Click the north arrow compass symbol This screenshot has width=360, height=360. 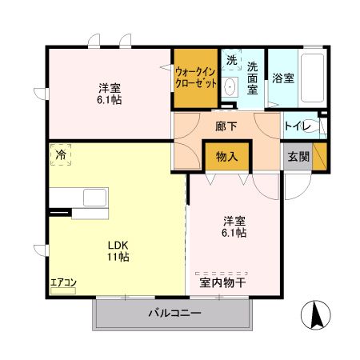tap(317, 315)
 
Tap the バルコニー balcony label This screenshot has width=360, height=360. tap(174, 314)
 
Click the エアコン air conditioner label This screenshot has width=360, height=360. tap(63, 282)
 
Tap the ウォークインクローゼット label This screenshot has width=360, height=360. tap(195, 77)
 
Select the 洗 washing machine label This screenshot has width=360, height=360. tap(231, 60)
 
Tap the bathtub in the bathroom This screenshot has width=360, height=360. tap(312, 78)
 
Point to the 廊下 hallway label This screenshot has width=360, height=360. tap(228, 126)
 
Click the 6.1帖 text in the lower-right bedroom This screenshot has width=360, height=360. tap(234, 233)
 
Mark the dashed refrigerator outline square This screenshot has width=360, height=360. tap(61, 154)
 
